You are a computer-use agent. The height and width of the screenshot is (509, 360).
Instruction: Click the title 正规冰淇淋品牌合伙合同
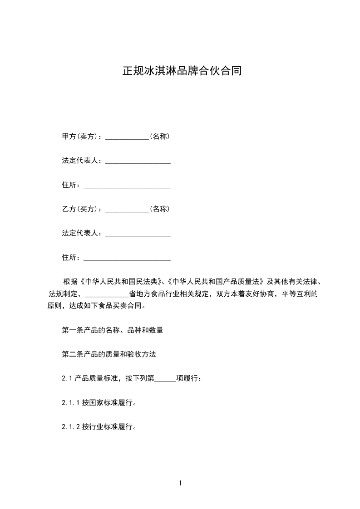click(x=182, y=71)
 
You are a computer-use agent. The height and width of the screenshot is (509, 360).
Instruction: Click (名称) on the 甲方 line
click(x=160, y=136)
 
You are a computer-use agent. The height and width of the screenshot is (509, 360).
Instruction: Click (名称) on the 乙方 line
click(x=160, y=209)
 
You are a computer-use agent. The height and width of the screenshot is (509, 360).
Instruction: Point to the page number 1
click(x=180, y=483)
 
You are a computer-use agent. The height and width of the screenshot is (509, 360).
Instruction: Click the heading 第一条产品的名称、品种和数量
click(x=113, y=330)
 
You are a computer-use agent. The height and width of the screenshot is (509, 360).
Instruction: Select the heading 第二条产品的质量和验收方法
click(x=109, y=354)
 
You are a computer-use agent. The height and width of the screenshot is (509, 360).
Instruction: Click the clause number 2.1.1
click(x=71, y=402)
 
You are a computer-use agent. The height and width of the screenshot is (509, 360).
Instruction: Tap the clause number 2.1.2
click(x=71, y=427)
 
